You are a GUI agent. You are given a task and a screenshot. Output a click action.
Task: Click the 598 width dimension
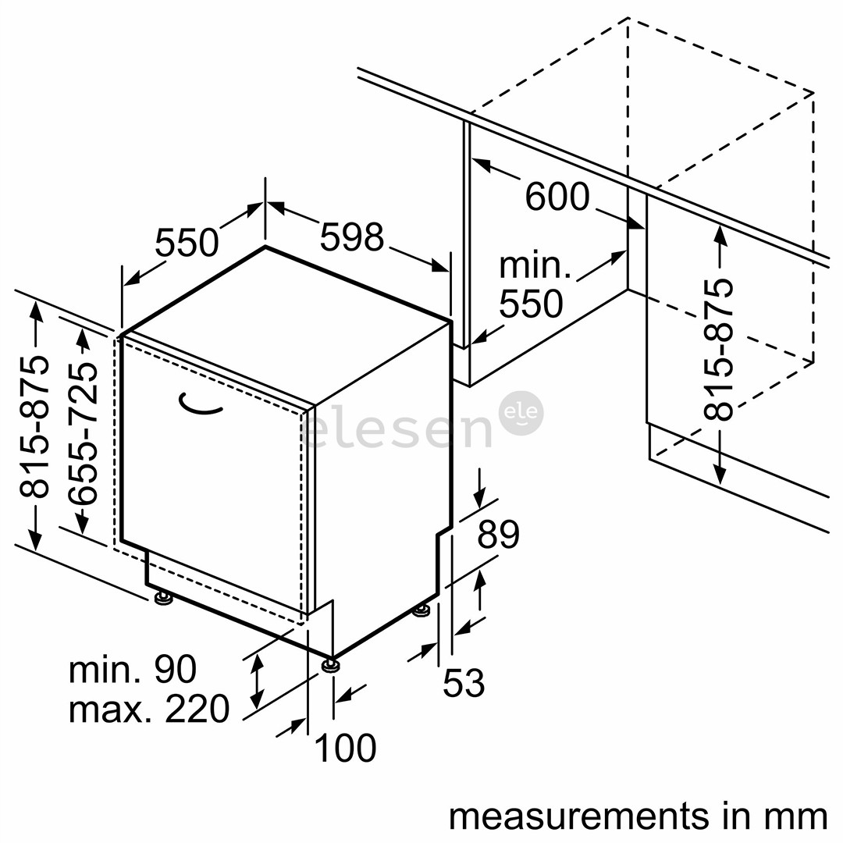352,237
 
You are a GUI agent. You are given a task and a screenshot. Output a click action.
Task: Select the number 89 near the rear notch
498,535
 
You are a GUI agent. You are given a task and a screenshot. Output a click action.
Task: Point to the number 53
464,683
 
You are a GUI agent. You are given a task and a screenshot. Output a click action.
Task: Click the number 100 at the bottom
345,748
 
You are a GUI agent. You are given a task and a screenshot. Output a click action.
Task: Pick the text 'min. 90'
133,670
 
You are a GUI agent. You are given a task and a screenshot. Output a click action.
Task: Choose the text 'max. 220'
149,709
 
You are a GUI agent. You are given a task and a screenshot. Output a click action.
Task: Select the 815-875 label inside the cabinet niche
718,349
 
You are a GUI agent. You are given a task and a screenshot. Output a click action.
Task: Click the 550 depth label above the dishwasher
187,243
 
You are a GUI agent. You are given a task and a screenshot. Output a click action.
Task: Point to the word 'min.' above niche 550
535,266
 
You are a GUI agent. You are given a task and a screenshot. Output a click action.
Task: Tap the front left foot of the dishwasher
164,599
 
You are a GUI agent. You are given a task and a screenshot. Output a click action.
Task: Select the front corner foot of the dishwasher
332,666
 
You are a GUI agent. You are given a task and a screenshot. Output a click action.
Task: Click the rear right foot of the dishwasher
421,609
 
